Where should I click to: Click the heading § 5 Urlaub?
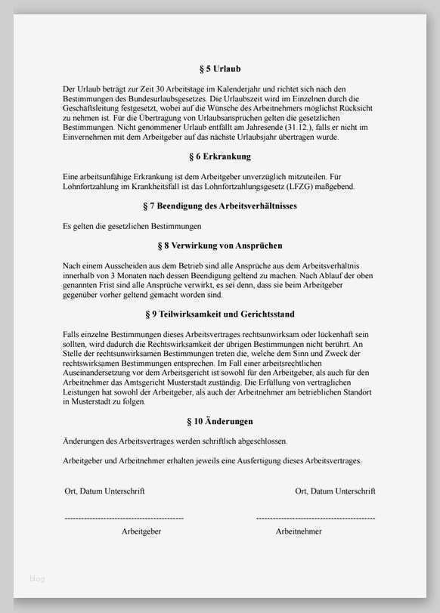point(219,69)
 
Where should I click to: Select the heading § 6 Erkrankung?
point(219,156)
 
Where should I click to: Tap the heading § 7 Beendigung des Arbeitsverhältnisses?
point(219,206)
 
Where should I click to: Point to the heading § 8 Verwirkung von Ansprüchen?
point(219,246)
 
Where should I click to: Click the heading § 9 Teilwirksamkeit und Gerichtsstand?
point(219,314)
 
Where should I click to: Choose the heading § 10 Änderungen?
point(219,421)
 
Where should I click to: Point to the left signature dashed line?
point(124,519)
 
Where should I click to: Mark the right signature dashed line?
point(315,519)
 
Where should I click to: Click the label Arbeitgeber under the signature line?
point(141,531)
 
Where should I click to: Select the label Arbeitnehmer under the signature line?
point(299,531)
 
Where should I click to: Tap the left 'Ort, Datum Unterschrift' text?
point(104,491)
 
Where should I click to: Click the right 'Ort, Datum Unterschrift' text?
point(335,491)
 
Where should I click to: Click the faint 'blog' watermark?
point(37,579)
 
